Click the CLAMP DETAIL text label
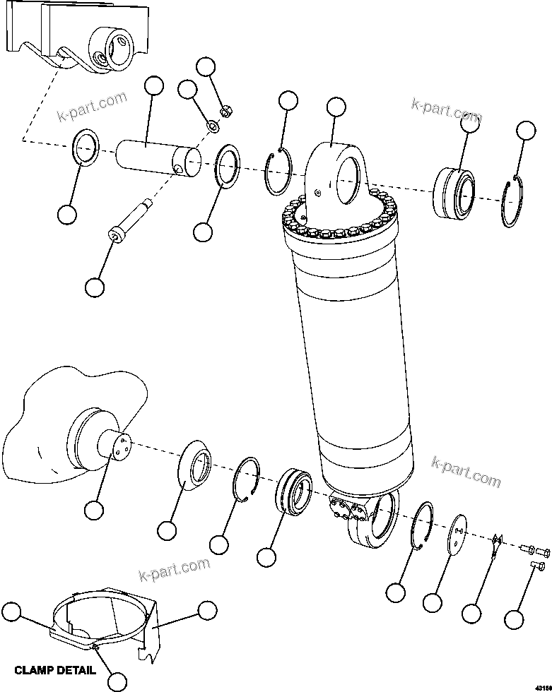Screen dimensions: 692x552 point(54,670)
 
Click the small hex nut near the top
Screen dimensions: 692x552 point(228,111)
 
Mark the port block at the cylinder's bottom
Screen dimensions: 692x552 point(346,510)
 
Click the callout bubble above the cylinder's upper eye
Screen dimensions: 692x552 point(336,107)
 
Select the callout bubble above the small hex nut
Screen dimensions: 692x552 point(206,67)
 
